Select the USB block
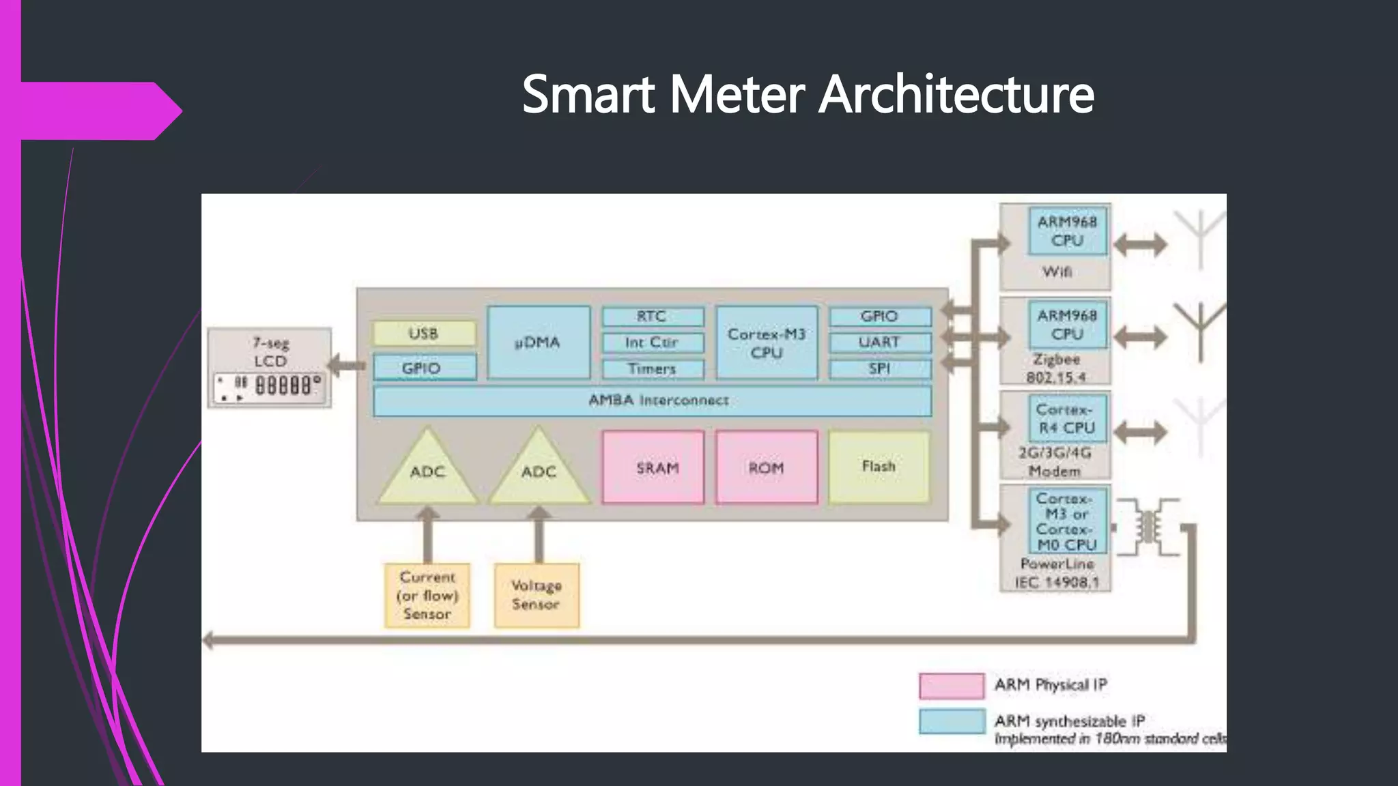pos(424,334)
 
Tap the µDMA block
pos(539,342)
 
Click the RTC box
pos(652,317)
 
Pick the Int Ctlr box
pos(652,343)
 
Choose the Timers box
pos(652,369)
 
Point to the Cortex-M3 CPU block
pos(767,343)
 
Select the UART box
pos(879,342)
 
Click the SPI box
pos(879,368)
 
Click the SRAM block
pos(653,468)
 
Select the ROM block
pos(767,468)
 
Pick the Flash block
pos(879,467)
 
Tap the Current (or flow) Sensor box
pos(427,595)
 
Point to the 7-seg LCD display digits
pos(285,385)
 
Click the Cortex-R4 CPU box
pos(1066,419)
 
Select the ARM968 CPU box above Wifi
pos(1067,231)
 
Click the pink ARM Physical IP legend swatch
pos(951,686)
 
